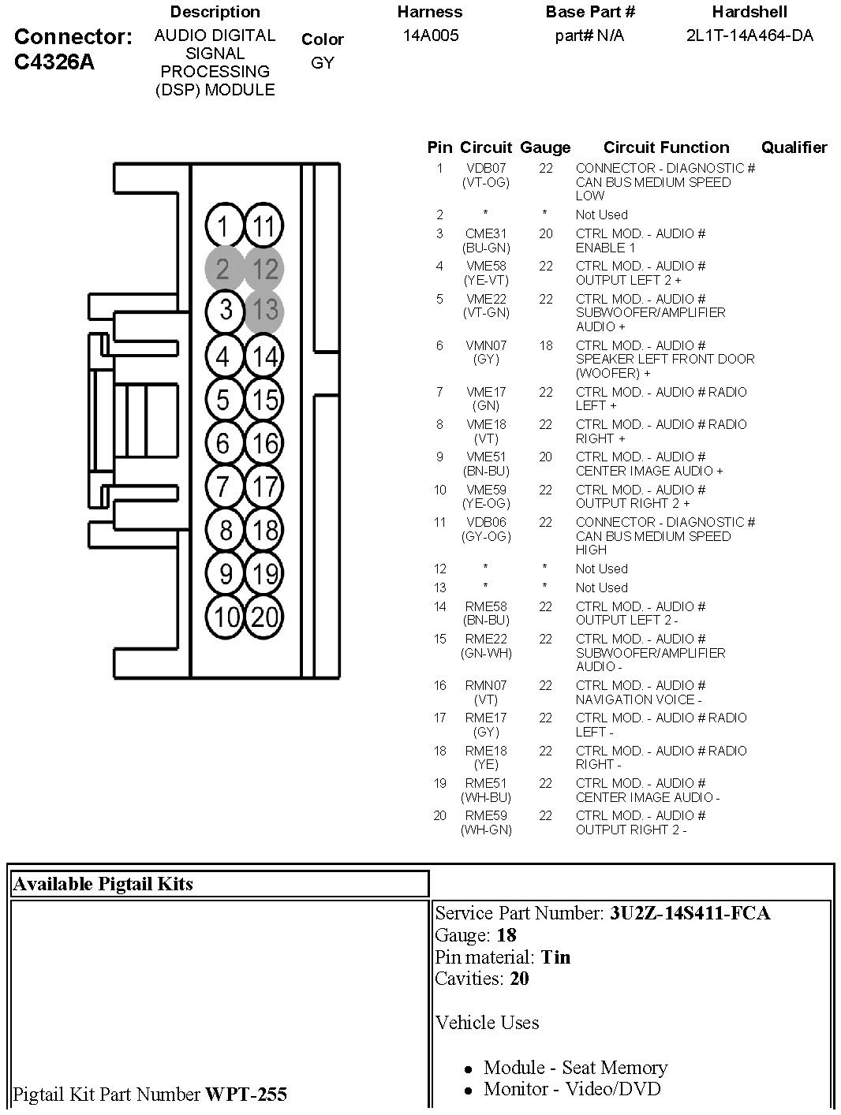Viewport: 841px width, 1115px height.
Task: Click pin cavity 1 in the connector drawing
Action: coord(224,227)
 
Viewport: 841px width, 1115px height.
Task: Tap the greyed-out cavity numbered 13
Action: coord(264,310)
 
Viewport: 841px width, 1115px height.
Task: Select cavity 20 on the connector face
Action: coord(264,616)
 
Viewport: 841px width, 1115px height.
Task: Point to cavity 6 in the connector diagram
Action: coord(224,443)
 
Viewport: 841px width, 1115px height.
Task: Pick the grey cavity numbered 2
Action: coord(223,269)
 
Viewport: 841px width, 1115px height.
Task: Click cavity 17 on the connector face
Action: coord(264,487)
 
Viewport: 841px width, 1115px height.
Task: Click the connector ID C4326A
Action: coord(54,62)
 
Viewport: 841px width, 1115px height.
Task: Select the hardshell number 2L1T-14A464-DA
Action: coord(749,35)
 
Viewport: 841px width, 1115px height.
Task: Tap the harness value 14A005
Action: coord(430,35)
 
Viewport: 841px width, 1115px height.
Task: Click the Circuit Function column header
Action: coord(666,147)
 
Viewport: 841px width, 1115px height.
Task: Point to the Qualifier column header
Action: coord(794,147)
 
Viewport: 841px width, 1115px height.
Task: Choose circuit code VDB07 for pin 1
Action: coord(486,168)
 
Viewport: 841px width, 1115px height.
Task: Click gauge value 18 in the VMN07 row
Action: coord(546,345)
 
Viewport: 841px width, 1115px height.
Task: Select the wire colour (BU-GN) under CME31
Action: coord(486,248)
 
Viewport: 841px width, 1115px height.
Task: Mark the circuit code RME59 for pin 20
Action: coord(486,815)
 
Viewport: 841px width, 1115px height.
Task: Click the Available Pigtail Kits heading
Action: coord(103,884)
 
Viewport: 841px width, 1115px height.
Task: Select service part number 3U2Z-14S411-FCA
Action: coord(690,913)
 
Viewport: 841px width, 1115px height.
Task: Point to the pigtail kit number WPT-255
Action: coord(246,1094)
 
